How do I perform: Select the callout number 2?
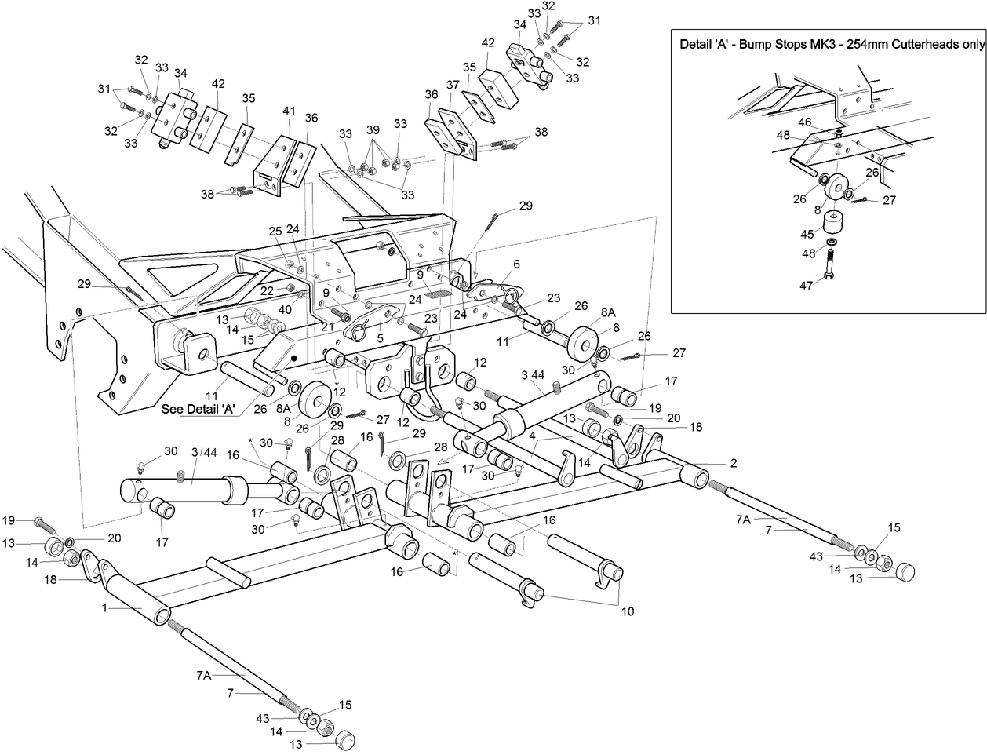point(734,463)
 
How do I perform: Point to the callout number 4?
point(532,434)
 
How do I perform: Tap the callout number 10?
point(627,611)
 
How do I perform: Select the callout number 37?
point(453,85)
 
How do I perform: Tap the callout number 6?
point(516,264)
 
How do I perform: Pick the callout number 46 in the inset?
point(805,122)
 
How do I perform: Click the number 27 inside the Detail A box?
point(889,200)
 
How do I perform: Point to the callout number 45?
point(806,233)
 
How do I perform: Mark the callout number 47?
point(806,286)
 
